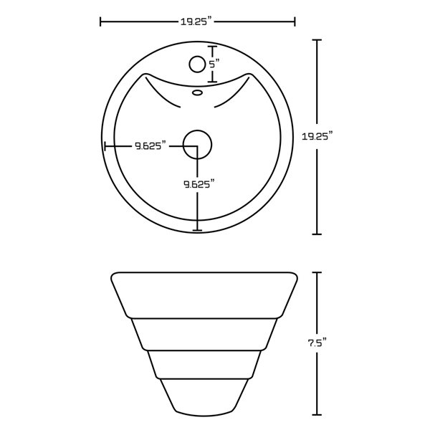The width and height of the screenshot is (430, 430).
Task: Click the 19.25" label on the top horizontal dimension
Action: (197, 22)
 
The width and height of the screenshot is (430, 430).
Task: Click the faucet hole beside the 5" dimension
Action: (196, 65)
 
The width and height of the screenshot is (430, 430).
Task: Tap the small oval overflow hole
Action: (198, 92)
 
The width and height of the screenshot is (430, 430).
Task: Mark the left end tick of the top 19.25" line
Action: (100, 22)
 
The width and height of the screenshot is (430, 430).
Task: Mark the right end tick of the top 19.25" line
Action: (295, 22)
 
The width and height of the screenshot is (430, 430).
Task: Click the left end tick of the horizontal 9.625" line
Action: (105, 146)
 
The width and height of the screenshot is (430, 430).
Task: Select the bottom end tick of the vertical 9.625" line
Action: (199, 230)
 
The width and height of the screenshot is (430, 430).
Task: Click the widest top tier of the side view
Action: (204, 294)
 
